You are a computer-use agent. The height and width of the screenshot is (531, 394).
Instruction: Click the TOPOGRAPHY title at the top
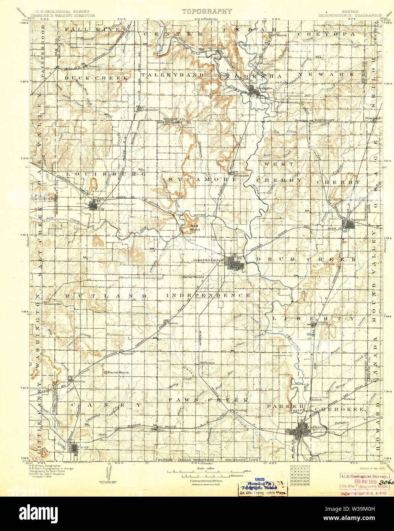tap(206, 11)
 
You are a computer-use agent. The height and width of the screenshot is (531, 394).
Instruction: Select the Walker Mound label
tap(193, 277)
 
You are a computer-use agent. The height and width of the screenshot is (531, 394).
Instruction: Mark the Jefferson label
tap(207, 363)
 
